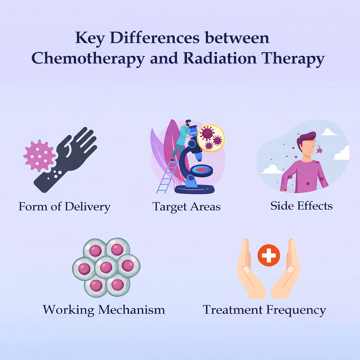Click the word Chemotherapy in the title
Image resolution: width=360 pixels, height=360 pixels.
(88, 59)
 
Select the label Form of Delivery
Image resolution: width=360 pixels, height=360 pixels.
(64, 206)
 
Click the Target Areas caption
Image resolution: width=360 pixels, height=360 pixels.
(186, 206)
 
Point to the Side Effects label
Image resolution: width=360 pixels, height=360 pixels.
(301, 206)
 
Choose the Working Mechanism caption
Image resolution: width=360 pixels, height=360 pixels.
(104, 310)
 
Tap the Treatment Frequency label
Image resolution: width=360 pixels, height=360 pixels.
(264, 310)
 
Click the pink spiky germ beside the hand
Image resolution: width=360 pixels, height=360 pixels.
(39, 155)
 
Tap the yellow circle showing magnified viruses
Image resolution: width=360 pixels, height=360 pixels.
(211, 138)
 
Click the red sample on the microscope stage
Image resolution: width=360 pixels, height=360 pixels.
(201, 170)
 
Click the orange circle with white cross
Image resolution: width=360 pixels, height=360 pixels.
(269, 255)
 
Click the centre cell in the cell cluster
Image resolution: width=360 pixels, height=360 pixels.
(106, 267)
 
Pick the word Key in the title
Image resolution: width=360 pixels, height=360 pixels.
(90, 38)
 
